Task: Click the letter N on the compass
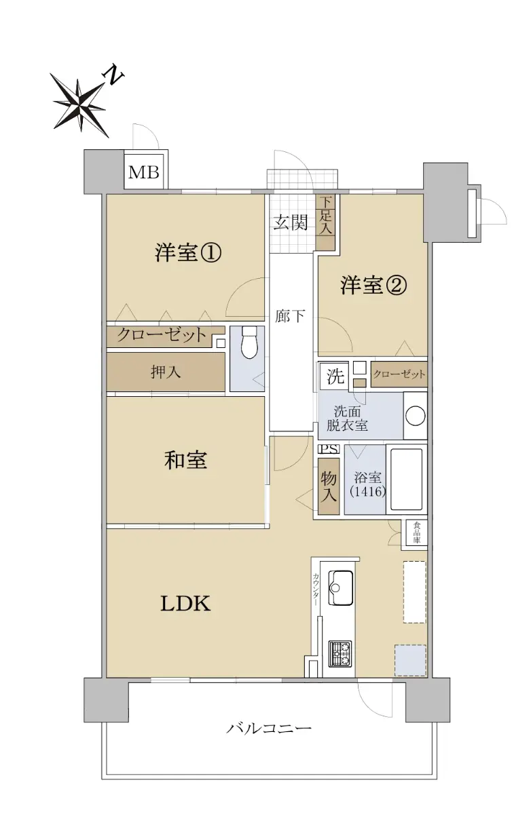[x=114, y=75]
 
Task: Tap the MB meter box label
[x=144, y=172]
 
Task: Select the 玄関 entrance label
[x=290, y=222]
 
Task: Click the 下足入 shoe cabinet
[x=325, y=222]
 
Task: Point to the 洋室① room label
[x=188, y=252]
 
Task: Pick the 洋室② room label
[x=373, y=286]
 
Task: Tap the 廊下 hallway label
[x=289, y=316]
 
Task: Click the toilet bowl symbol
[x=249, y=342]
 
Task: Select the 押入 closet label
[x=166, y=372]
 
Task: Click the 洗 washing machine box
[x=335, y=376]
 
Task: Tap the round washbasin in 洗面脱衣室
[x=415, y=415]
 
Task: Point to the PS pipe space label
[x=329, y=449]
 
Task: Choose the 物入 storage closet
[x=329, y=486]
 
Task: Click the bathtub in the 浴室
[x=406, y=479]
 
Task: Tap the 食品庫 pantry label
[x=416, y=532]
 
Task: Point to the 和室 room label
[x=185, y=460]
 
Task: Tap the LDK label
[x=185, y=603]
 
